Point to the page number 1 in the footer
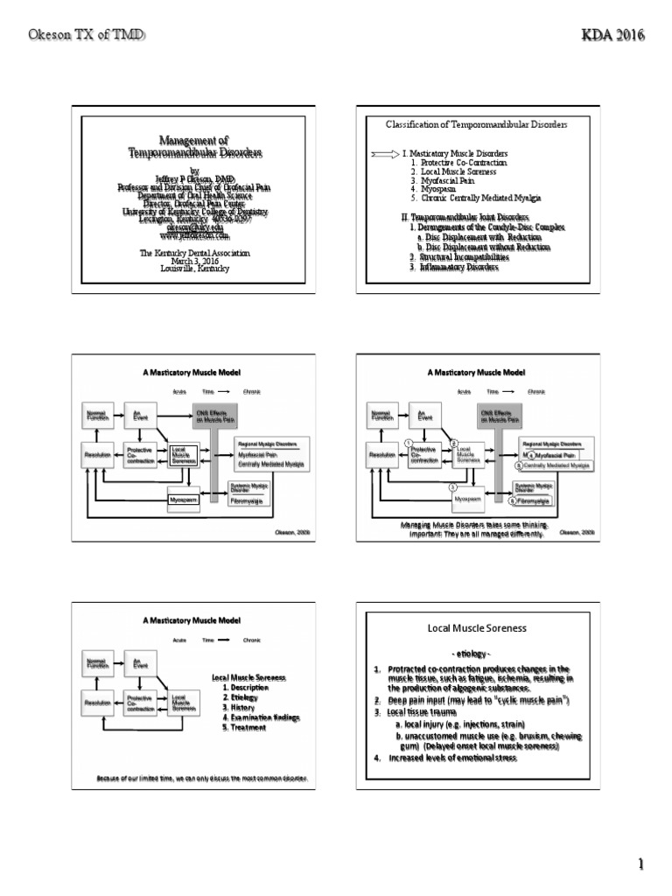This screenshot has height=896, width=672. click(640, 865)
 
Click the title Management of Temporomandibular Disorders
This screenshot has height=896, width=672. click(195, 146)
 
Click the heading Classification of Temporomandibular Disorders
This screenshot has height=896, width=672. click(477, 125)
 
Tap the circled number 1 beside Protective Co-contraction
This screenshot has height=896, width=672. click(408, 443)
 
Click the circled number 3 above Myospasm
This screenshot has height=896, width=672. click(452, 486)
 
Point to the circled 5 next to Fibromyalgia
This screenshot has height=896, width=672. click(513, 501)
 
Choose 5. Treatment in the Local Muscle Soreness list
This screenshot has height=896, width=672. click(244, 727)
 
